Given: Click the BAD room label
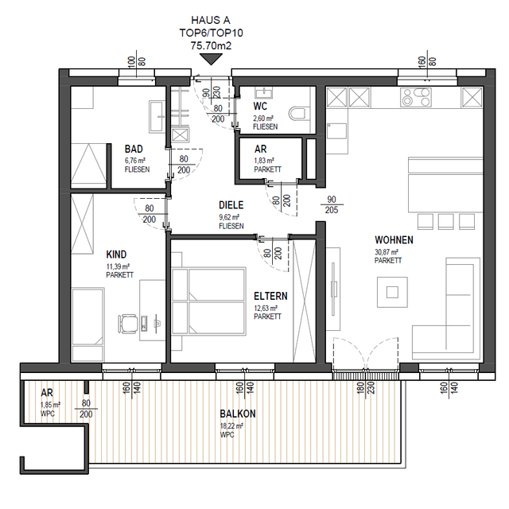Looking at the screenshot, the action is point(134,149).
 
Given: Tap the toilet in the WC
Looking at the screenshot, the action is point(297,114).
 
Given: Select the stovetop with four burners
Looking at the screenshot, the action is point(416,97).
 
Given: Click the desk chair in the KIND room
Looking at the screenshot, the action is point(127,324).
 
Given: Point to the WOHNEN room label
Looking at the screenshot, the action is point(394,240).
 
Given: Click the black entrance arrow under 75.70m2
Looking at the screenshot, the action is point(211,59).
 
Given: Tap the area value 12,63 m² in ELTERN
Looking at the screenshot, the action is point(266,308).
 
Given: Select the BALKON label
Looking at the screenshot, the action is point(238,414).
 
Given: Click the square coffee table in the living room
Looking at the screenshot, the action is point(392,292).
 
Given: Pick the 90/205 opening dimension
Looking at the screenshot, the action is point(332,205).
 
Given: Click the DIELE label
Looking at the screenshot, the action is point(231,205).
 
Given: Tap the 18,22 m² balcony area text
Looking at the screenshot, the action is point(231,426).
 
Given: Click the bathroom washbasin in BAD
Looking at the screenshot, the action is point(157,117).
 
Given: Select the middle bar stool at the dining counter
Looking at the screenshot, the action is point(445,221).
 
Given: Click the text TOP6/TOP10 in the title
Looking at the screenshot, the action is point(212,33).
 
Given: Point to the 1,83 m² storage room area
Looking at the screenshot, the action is point(264,161).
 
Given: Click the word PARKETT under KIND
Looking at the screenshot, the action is point(120,274).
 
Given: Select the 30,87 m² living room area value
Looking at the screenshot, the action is point(387,252).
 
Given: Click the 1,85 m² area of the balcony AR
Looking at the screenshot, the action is point(50,405).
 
